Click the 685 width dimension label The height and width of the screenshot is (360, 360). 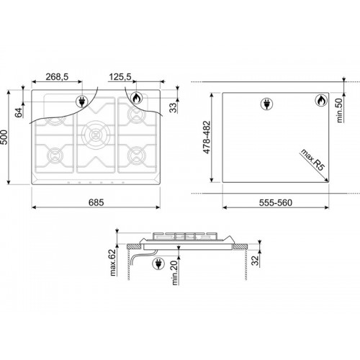click(x=96, y=202)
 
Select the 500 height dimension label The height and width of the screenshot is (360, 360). click(x=4, y=138)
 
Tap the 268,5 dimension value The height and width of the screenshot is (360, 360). click(x=57, y=77)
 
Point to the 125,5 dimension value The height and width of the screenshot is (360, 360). click(x=120, y=77)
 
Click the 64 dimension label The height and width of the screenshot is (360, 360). click(x=19, y=112)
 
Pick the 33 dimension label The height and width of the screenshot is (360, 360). click(x=173, y=107)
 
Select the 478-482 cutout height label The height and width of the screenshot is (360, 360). click(x=207, y=138)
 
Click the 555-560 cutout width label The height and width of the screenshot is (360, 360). click(x=276, y=203)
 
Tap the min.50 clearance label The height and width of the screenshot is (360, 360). click(x=340, y=110)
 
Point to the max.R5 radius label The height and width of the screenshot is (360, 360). click(x=312, y=160)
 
